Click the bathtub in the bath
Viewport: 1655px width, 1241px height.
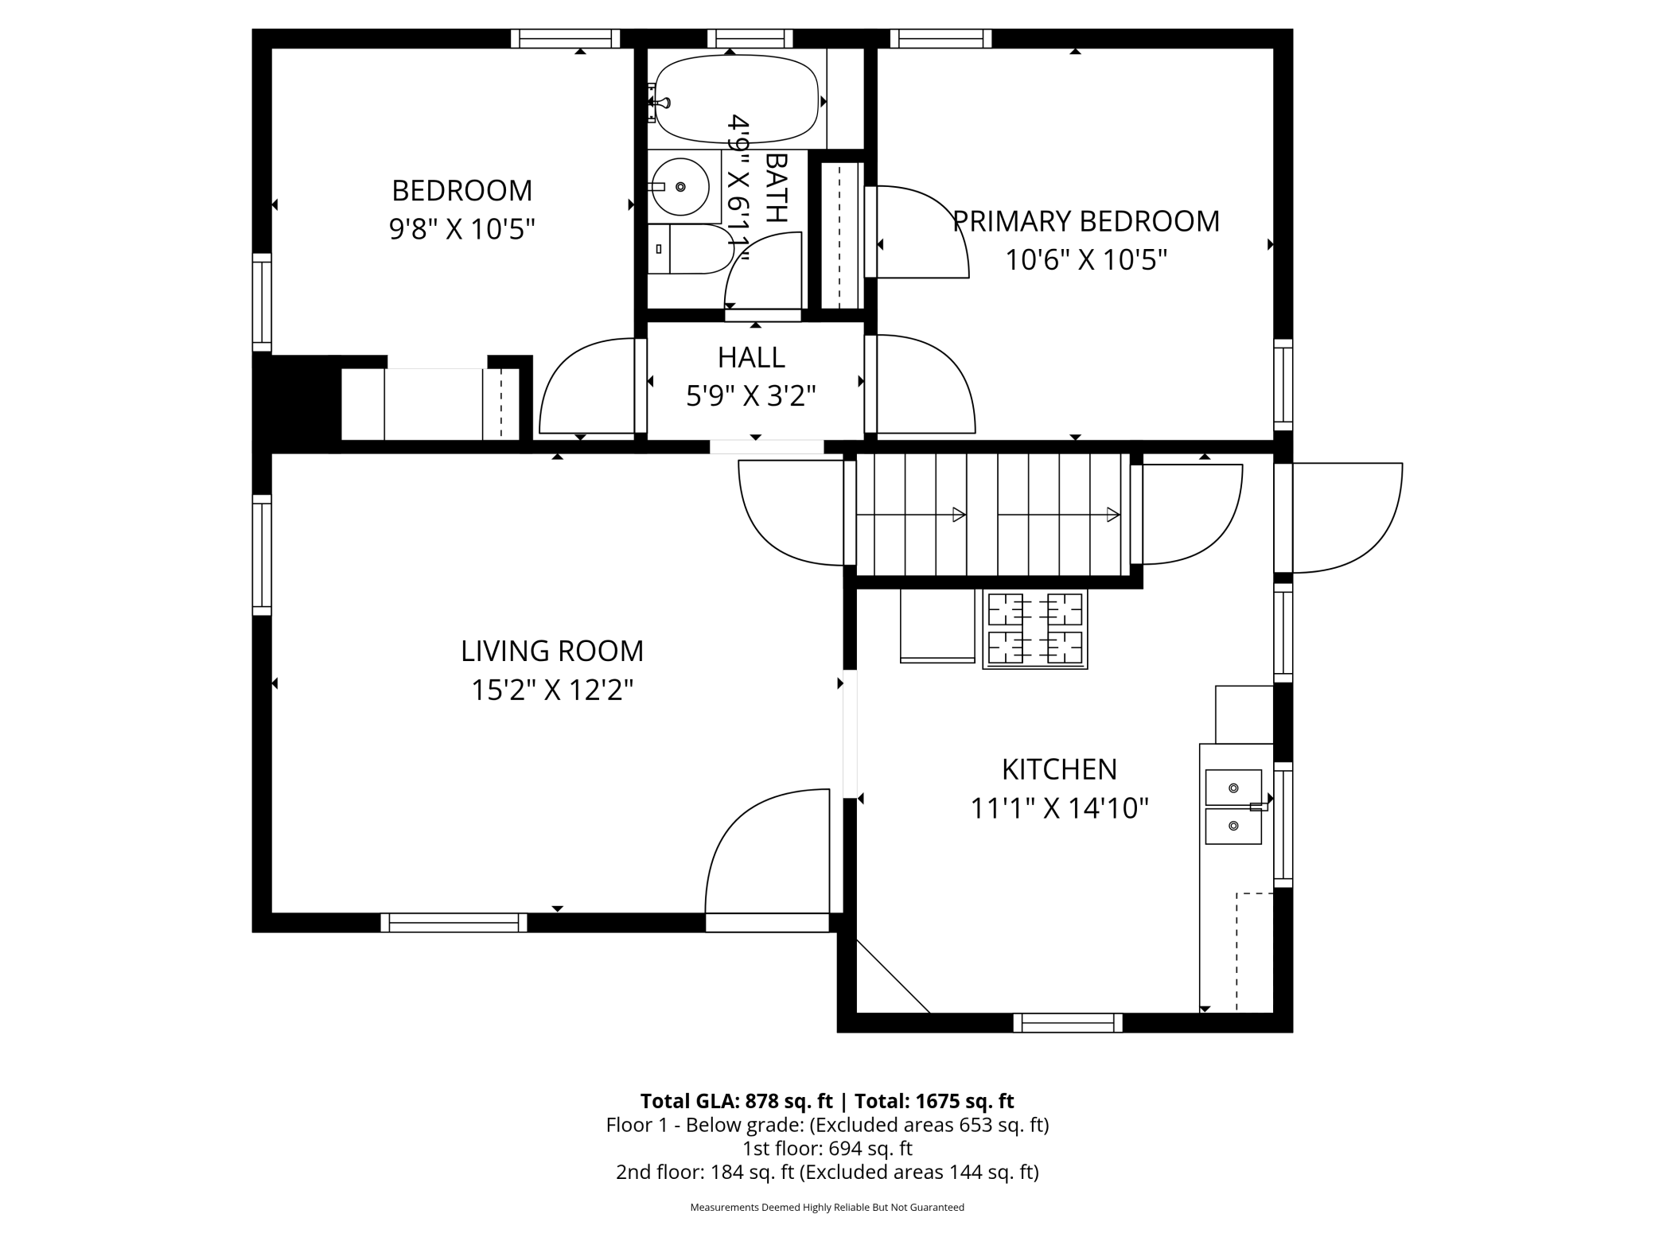(736, 99)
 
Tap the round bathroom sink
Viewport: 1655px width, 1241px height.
(680, 187)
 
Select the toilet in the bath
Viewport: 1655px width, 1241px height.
(690, 249)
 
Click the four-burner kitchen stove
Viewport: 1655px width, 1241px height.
(1035, 629)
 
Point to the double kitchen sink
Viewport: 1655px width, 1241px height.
(1233, 807)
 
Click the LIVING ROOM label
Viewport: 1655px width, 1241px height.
(552, 651)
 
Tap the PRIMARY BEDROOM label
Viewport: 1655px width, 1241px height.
(1086, 221)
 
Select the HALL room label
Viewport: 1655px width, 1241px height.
(751, 357)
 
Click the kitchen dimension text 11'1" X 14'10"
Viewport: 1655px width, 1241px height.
(1059, 808)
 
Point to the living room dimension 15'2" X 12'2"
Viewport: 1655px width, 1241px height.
(552, 690)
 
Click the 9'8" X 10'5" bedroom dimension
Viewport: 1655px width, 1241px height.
(461, 229)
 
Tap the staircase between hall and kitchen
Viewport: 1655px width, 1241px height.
(992, 514)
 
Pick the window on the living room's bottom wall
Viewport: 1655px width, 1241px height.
(454, 922)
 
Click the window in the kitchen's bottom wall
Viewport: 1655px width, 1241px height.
(1068, 1022)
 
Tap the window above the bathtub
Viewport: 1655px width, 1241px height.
(750, 38)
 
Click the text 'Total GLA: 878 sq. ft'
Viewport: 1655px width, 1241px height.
(736, 1101)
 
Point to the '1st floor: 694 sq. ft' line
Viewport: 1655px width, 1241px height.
(827, 1149)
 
